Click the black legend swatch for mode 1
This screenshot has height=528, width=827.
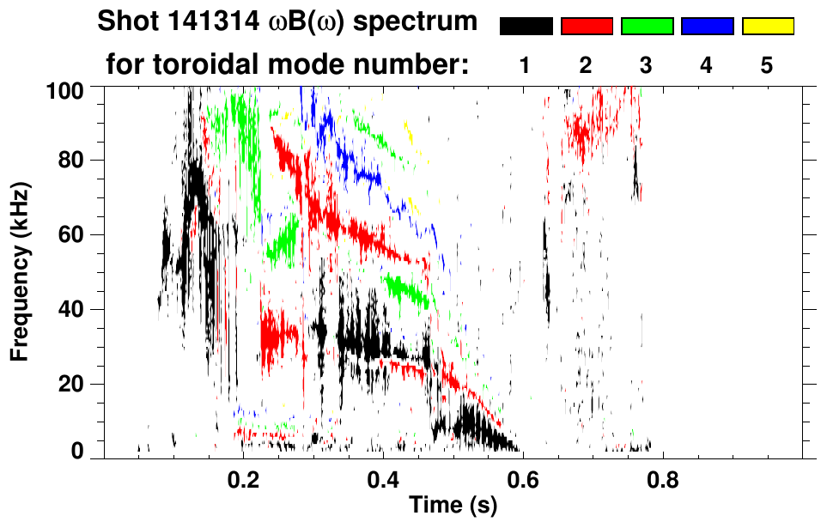[526, 27]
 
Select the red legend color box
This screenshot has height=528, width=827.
[587, 27]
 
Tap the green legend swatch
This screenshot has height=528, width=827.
[647, 27]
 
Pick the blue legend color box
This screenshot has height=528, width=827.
[707, 27]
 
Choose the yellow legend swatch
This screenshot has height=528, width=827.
[767, 27]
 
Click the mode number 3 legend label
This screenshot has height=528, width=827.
[647, 65]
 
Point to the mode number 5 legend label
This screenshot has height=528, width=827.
[767, 65]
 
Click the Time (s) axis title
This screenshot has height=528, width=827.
[453, 506]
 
